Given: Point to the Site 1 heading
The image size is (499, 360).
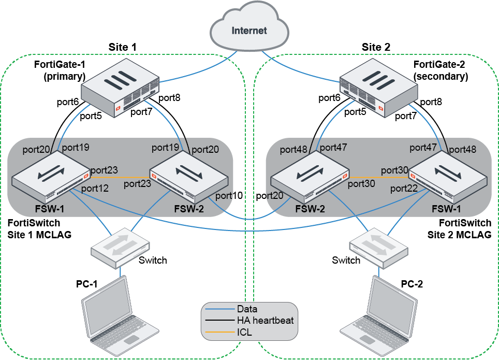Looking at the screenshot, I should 122,47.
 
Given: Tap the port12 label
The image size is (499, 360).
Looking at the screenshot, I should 94,188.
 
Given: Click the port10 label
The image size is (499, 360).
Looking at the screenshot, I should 229,196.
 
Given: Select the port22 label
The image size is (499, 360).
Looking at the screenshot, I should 404,188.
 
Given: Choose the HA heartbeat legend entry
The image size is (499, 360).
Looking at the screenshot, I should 265,321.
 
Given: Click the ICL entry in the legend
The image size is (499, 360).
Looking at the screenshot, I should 244,332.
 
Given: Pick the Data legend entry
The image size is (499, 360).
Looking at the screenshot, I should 247,309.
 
